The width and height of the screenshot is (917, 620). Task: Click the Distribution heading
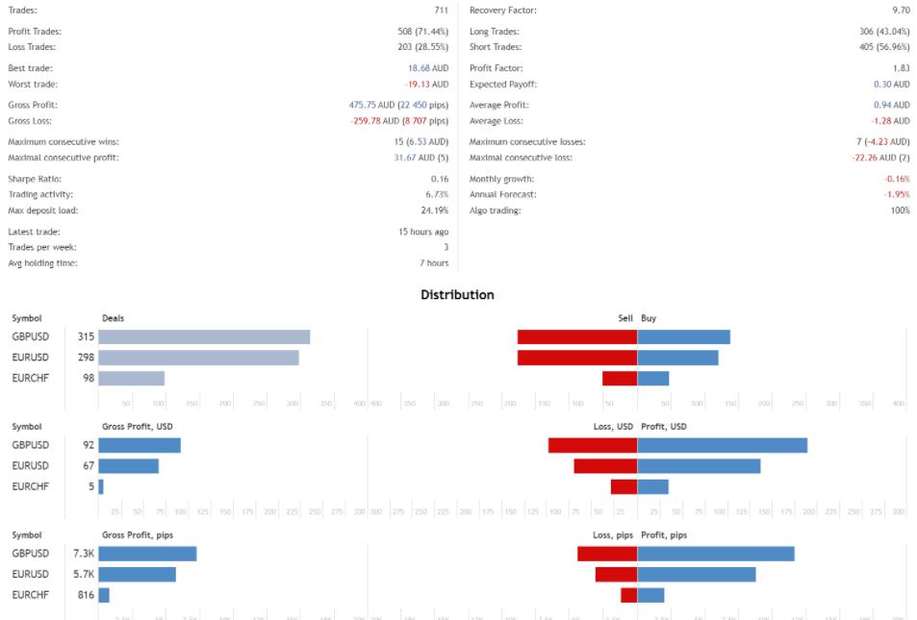pos(457,295)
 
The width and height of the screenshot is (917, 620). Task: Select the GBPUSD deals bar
pos(204,337)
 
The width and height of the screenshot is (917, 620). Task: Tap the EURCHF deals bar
pos(131,378)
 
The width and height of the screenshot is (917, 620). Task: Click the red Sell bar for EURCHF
pos(620,378)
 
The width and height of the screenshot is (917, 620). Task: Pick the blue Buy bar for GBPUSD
pos(683,337)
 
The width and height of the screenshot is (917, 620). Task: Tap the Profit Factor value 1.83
pos(900,68)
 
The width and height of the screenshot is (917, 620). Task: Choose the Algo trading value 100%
pos(900,211)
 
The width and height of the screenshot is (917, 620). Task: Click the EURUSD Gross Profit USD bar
pos(128,466)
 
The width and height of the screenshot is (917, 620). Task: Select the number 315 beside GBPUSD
pos(86,337)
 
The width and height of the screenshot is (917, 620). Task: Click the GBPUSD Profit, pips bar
pos(716,554)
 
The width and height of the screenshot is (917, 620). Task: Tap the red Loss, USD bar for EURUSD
pos(605,466)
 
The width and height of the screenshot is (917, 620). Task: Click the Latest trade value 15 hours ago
pos(422,232)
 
